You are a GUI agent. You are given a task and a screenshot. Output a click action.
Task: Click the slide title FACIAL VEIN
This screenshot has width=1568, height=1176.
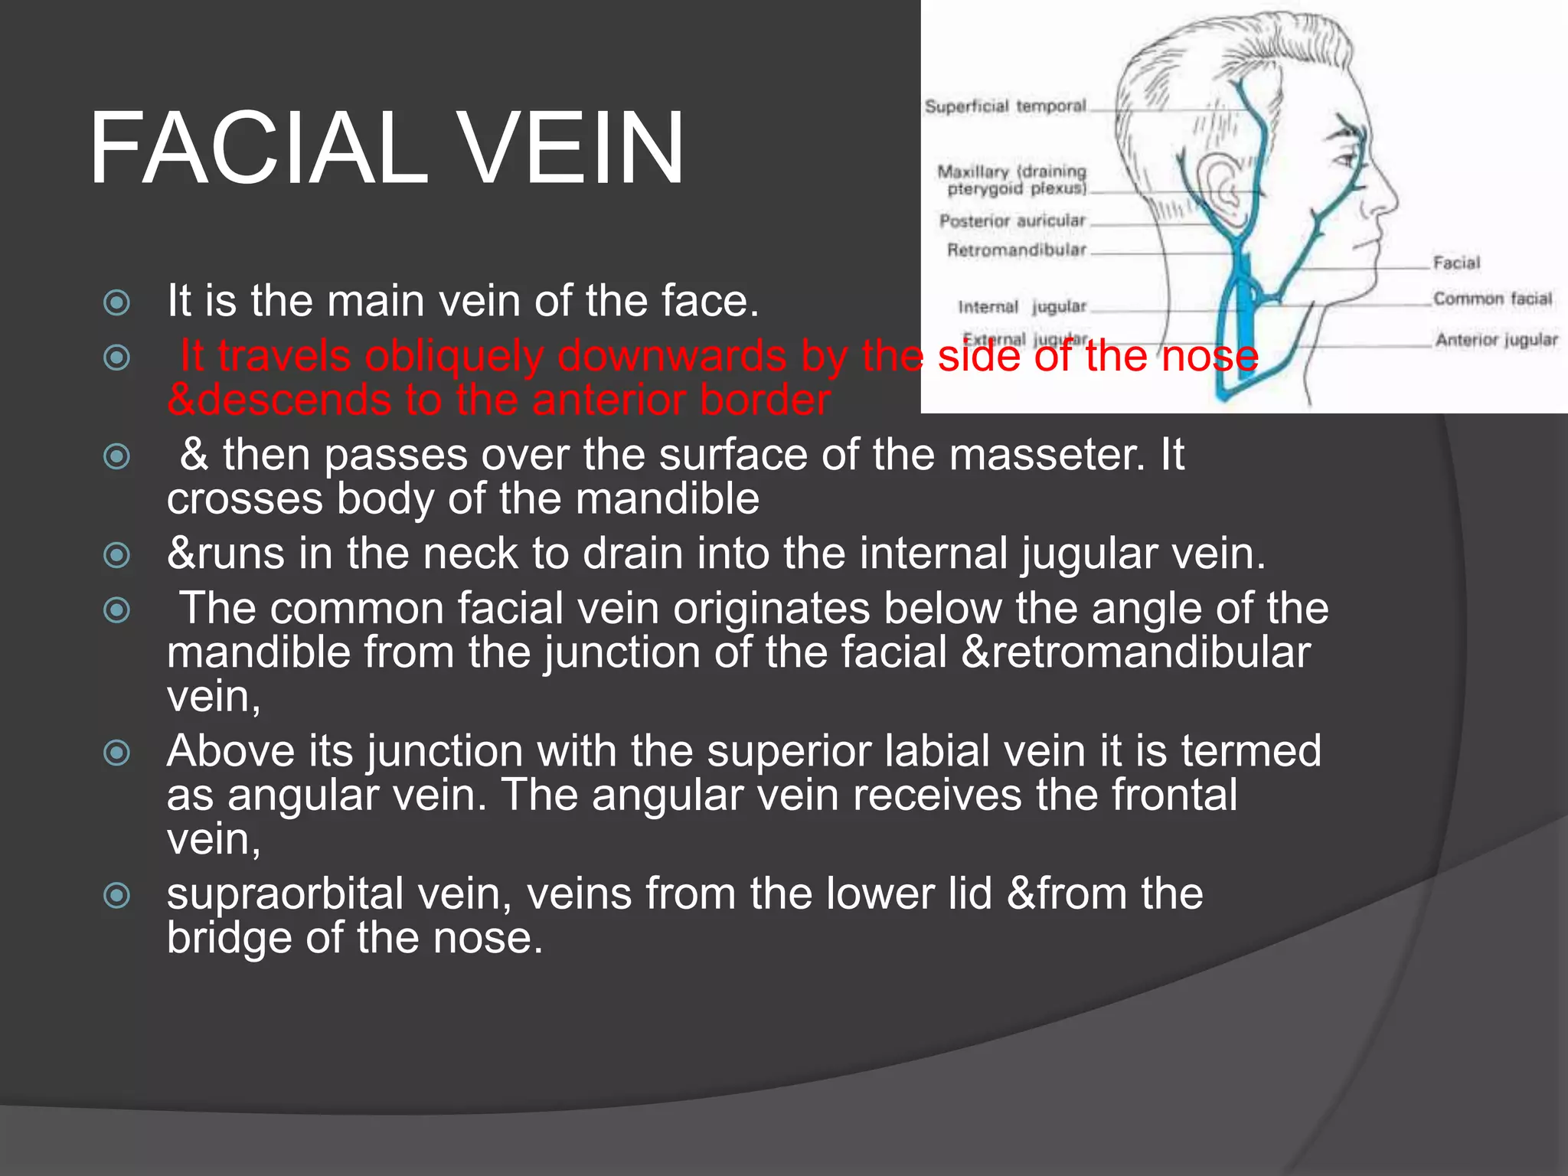387,148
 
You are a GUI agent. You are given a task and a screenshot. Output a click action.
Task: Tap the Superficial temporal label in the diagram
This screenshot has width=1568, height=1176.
1005,106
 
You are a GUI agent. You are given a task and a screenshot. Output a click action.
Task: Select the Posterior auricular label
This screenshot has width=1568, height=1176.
1012,221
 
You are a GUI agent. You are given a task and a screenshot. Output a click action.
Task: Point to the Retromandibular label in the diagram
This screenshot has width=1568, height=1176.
1016,250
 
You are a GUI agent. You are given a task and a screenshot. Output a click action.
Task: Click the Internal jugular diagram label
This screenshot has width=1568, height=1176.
1022,307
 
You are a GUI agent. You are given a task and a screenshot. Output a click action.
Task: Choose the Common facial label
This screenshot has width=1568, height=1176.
1492,299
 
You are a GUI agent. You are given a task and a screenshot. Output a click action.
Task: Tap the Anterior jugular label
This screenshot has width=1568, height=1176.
1496,339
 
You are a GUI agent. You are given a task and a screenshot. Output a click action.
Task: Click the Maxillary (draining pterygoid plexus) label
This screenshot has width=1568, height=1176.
1012,180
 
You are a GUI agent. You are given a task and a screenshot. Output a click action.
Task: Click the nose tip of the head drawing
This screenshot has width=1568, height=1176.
1394,201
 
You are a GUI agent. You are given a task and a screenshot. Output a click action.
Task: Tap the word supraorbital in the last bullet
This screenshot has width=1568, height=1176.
285,894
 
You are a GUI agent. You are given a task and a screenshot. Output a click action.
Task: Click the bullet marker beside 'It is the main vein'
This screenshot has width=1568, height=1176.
116,302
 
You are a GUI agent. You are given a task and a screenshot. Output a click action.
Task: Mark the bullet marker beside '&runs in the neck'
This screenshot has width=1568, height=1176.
116,555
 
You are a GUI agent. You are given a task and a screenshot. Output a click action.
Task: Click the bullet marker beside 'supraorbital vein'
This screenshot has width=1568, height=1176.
116,895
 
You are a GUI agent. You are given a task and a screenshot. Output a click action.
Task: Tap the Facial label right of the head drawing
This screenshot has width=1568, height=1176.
1456,263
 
